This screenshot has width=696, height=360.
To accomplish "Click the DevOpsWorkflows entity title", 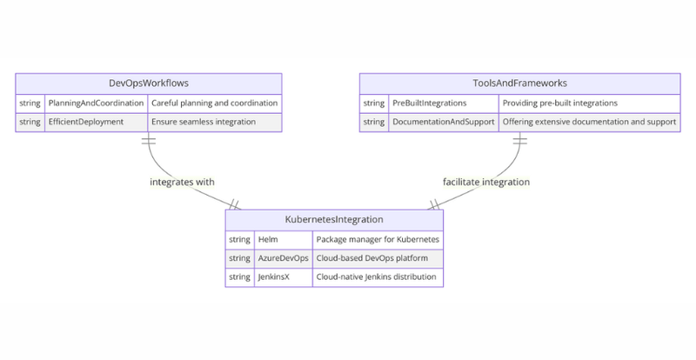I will tap(149, 83).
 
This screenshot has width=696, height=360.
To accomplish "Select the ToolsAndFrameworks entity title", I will tap(519, 83).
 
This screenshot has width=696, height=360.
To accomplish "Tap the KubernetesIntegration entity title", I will tap(334, 220).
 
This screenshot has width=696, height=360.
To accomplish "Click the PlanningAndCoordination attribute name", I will tap(95, 103).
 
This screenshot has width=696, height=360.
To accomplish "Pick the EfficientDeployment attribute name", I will tap(86, 122).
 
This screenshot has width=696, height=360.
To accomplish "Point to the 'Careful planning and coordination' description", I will tap(215, 103).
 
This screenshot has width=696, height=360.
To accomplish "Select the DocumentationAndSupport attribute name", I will tap(444, 122).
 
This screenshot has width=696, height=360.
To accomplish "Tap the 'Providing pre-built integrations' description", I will tap(560, 103).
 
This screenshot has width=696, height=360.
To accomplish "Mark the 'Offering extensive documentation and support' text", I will tap(589, 122).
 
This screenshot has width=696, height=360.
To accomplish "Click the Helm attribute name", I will tap(267, 239).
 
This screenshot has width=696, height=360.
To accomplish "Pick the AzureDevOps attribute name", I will tap(281, 258).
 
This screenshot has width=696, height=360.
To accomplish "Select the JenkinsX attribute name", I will tap(275, 277).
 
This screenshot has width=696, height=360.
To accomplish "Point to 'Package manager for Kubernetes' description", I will tap(378, 239).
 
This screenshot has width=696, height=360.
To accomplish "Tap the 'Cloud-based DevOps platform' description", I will tap(372, 258).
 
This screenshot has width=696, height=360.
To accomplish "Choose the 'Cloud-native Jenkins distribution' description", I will tap(378, 277).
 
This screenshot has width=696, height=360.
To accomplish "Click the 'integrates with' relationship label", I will tap(182, 183).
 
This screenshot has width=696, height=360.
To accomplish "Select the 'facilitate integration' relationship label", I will tap(486, 183).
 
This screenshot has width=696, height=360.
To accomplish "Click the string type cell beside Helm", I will tap(239, 239).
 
